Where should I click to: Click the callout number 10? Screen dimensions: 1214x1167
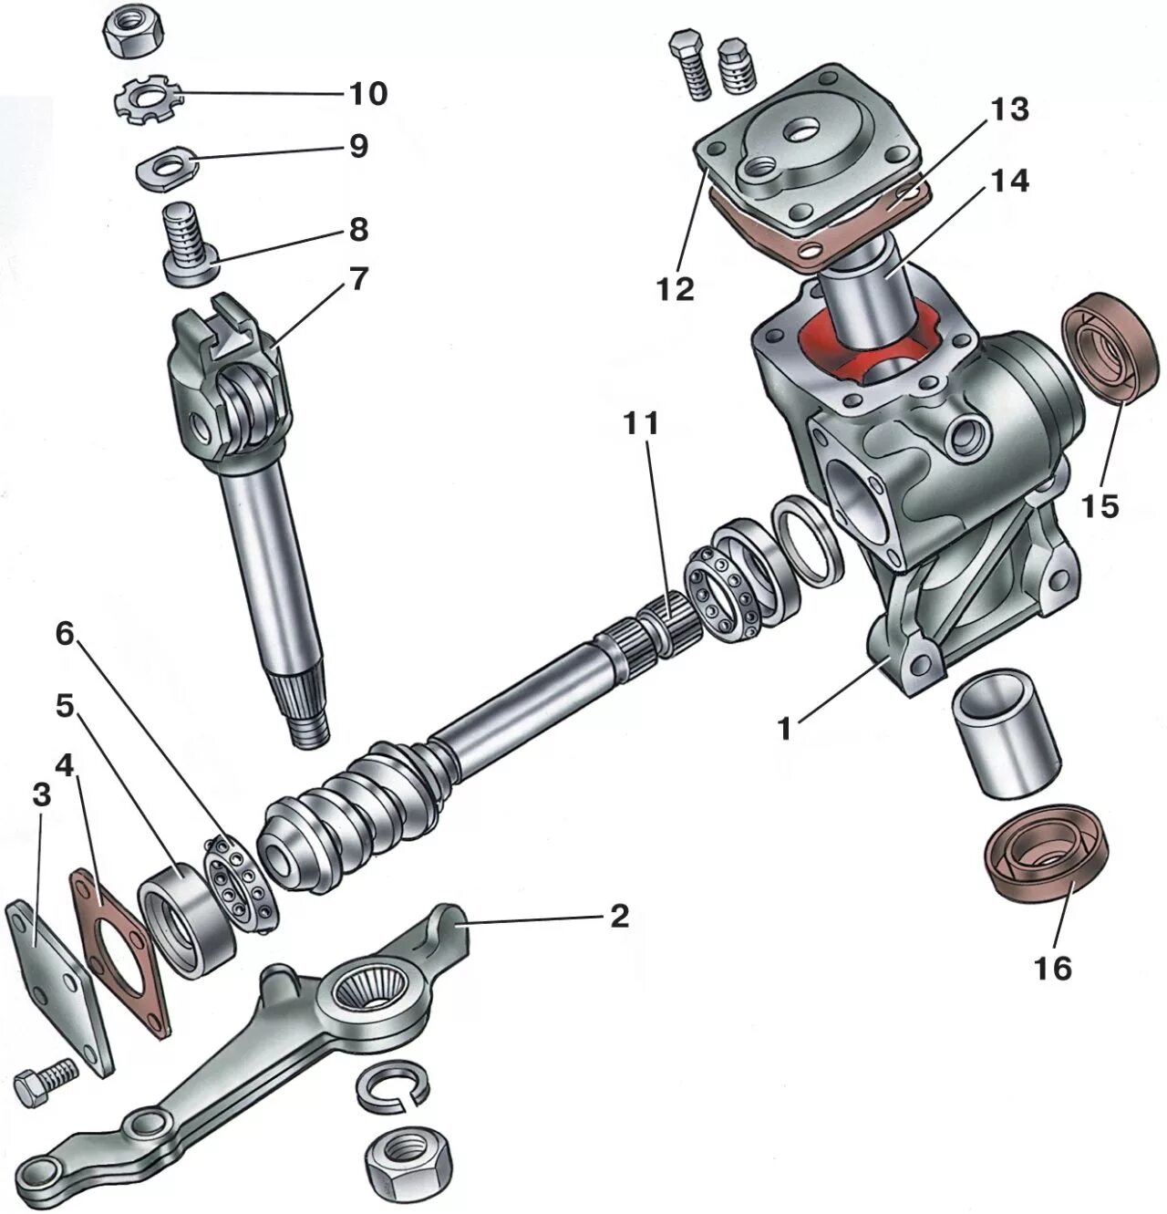367,93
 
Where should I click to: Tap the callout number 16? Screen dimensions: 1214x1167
1053,967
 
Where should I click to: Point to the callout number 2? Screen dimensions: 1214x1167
619,916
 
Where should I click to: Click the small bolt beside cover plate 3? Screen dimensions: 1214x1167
46,1080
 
